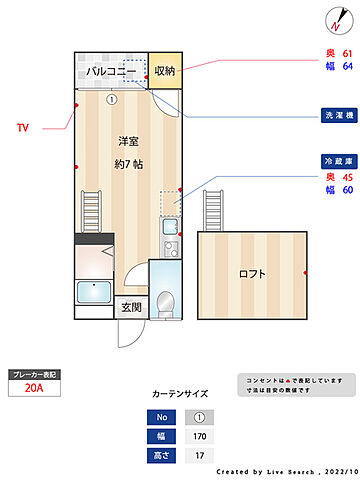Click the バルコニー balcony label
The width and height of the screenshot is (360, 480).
point(110,71)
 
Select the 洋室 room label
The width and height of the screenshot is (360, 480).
point(128,140)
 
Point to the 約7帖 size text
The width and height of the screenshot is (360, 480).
point(128,163)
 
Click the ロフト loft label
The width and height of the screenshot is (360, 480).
point(253,274)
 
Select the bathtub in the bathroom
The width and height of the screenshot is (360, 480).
point(98,295)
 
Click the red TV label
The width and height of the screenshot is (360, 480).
point(23,128)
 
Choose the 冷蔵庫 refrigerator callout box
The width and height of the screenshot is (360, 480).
point(337,161)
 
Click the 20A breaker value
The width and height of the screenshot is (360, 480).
point(33,390)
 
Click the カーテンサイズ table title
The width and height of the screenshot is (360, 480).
point(180,394)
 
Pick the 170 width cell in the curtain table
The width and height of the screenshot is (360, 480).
point(199,436)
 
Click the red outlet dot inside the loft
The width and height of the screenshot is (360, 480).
point(304,272)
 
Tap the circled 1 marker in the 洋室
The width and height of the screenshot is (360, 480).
point(112,99)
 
